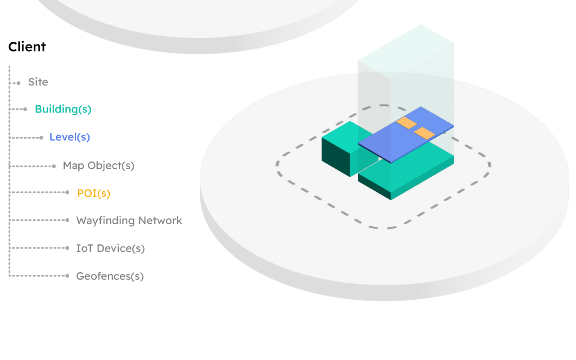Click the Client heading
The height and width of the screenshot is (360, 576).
click(27, 47)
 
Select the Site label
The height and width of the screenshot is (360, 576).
click(38, 82)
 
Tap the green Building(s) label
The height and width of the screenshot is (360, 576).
click(63, 109)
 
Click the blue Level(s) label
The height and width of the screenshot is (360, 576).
click(70, 137)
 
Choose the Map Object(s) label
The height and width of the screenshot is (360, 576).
click(99, 166)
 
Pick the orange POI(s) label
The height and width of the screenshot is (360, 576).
click(94, 193)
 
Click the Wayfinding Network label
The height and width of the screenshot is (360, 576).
click(129, 220)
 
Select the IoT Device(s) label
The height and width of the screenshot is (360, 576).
click(110, 248)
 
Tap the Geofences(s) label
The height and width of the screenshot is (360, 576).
click(110, 276)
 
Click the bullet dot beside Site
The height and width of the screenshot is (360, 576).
click(18, 83)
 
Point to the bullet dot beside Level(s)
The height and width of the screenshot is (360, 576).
click(41, 138)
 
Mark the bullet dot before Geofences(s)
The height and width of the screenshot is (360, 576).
click(67, 276)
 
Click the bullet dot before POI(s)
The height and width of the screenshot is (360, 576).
click(67, 193)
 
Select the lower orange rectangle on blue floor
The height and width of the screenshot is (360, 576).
click(424, 133)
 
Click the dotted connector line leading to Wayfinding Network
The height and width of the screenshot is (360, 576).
click(38, 220)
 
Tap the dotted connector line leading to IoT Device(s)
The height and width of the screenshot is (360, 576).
click(38, 248)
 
